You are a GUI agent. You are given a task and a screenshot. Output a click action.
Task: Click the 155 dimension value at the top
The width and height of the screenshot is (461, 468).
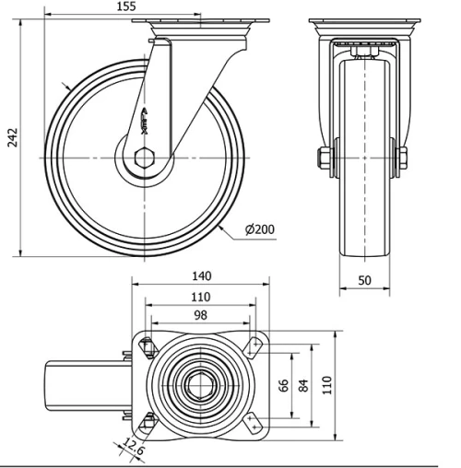click(x=127, y=6)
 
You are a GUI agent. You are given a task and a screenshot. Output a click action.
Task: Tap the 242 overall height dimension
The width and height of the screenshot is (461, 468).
click(x=10, y=137)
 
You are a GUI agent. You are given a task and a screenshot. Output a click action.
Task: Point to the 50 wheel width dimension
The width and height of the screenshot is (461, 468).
click(x=365, y=279)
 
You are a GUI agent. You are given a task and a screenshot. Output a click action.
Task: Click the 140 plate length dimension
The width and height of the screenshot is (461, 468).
click(x=201, y=275)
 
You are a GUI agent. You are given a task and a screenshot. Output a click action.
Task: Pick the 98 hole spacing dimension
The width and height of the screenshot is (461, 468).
click(x=201, y=315)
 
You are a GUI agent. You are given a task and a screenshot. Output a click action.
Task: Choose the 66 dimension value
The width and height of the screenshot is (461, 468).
click(x=284, y=383)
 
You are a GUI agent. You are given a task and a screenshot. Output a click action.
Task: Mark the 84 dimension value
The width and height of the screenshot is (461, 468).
click(x=304, y=383)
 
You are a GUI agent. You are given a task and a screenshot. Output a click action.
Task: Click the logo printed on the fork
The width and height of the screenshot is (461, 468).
click(x=148, y=121)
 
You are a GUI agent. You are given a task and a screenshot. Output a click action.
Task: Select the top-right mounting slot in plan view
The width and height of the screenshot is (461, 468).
click(x=254, y=345)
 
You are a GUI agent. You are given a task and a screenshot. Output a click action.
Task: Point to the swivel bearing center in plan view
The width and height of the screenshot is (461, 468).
click(x=200, y=382)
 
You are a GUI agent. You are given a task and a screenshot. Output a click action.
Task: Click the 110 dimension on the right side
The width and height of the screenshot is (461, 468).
click(x=326, y=383)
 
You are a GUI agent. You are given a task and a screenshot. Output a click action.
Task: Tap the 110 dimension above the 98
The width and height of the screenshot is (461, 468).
click(x=200, y=297)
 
